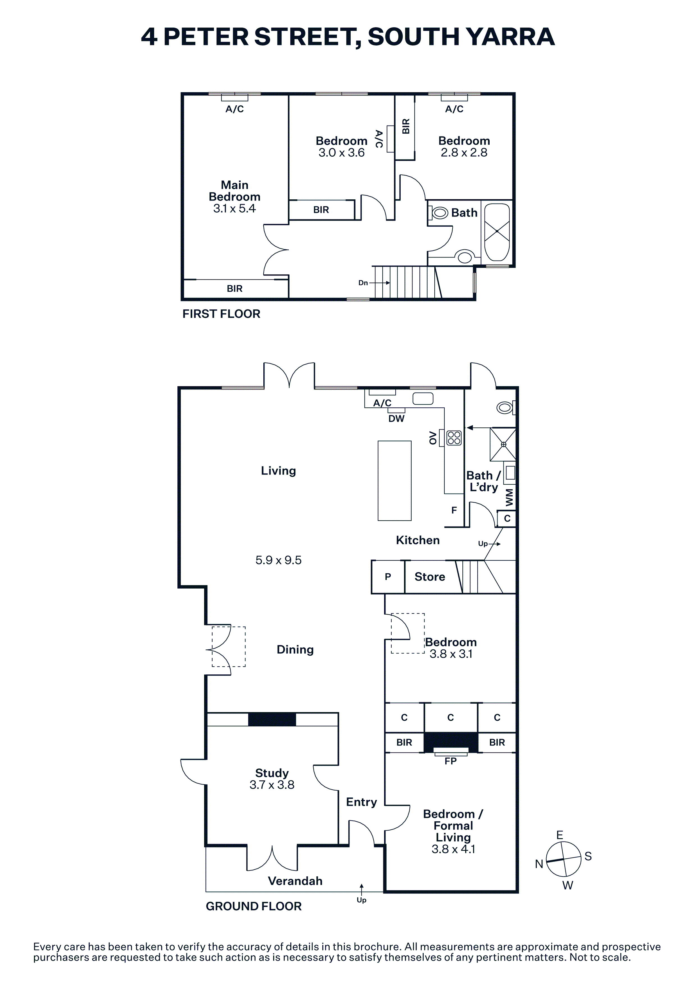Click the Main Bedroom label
click(x=234, y=191)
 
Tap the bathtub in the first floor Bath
click(x=497, y=232)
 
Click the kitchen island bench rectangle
click(x=394, y=480)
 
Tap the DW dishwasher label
click(x=396, y=419)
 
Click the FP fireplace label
click(x=450, y=761)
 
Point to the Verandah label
click(x=295, y=881)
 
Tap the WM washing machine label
click(x=509, y=497)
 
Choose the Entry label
click(x=362, y=802)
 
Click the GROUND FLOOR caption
click(x=254, y=906)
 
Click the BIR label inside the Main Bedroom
click(x=234, y=289)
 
